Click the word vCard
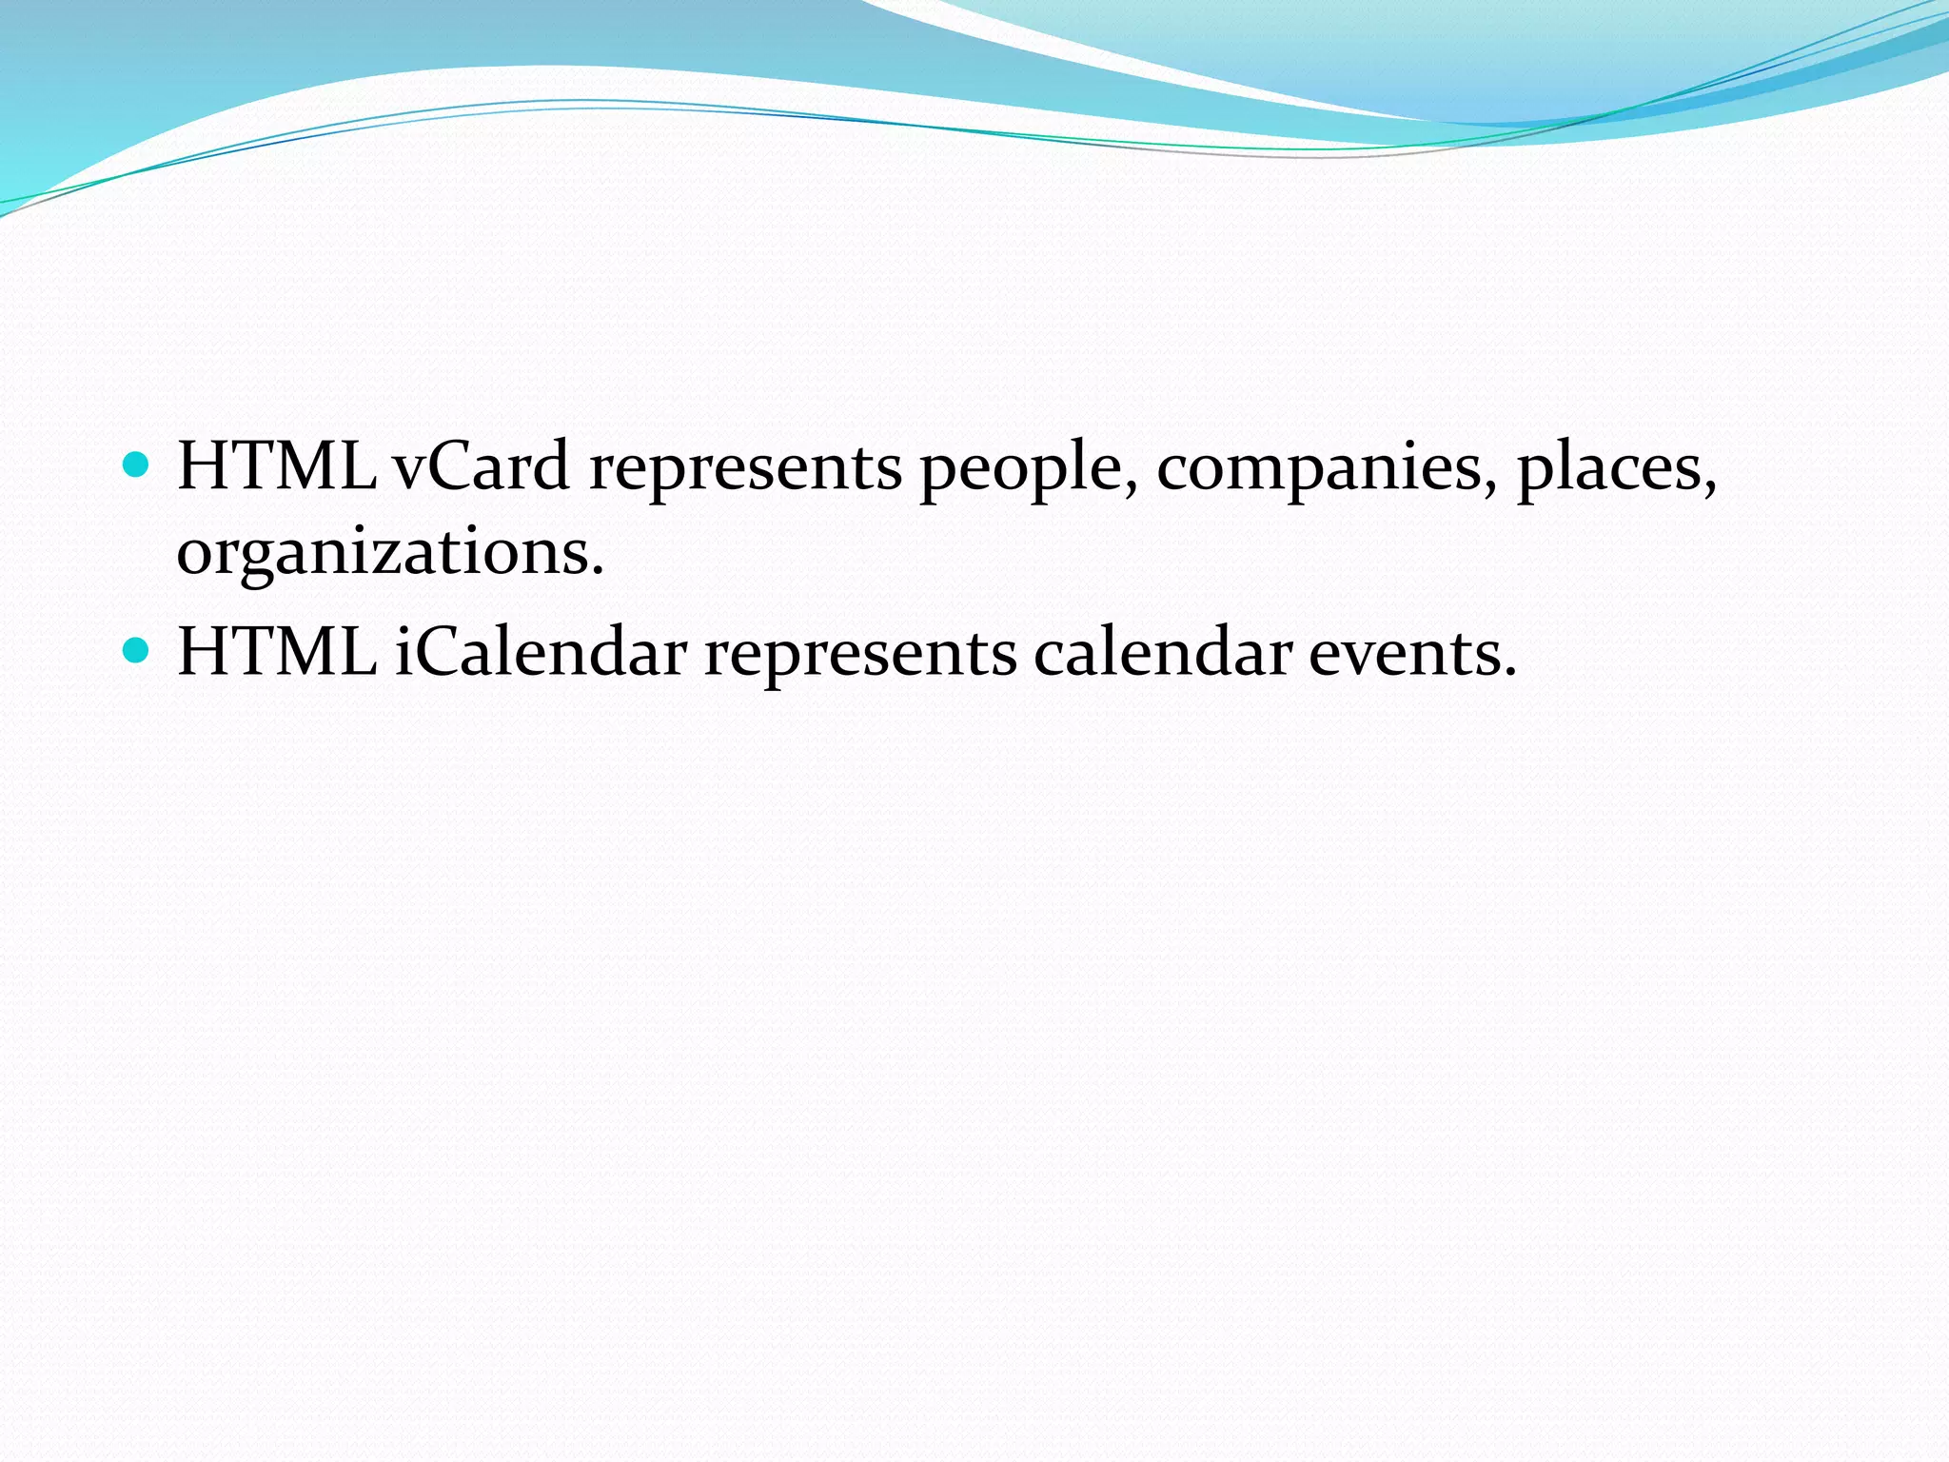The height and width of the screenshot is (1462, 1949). click(482, 466)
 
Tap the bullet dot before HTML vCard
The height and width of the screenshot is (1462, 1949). click(138, 465)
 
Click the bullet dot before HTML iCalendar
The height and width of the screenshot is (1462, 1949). click(138, 651)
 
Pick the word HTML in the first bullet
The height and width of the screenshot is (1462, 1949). click(276, 466)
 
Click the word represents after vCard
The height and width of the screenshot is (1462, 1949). click(745, 468)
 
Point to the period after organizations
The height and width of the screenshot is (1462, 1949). click(598, 573)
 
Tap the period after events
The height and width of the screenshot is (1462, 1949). click(1509, 673)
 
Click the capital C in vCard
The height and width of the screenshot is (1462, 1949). click(459, 466)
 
